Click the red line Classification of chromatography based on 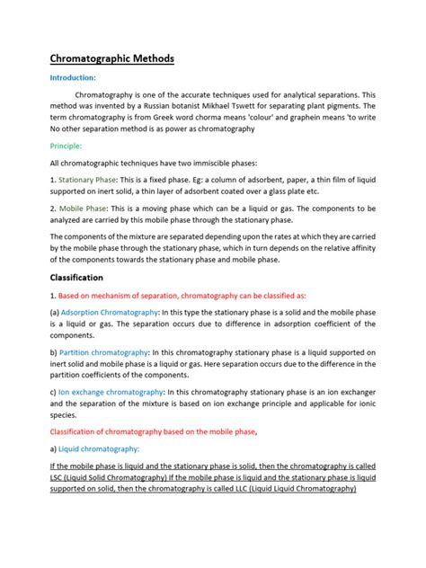[153, 431]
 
